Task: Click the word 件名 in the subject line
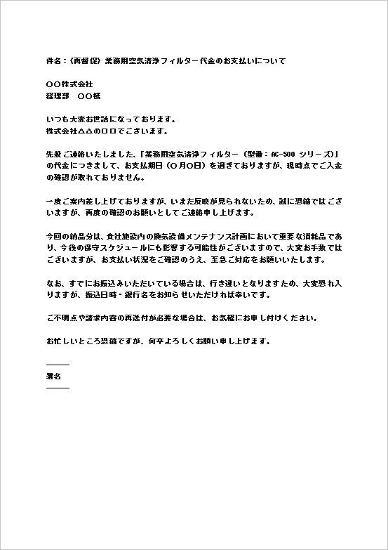53,61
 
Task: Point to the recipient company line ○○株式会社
69,84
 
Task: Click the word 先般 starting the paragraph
54,153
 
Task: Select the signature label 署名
53,376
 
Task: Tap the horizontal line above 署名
58,365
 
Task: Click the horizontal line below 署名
58,387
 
